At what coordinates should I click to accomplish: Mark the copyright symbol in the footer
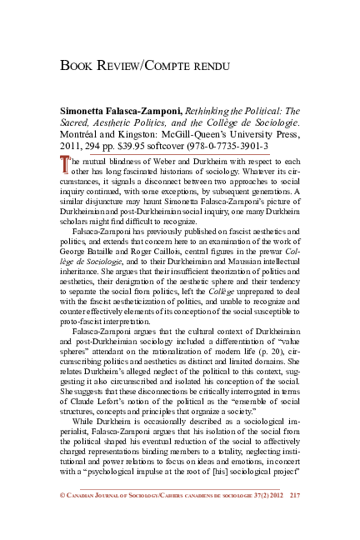click(63, 518)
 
